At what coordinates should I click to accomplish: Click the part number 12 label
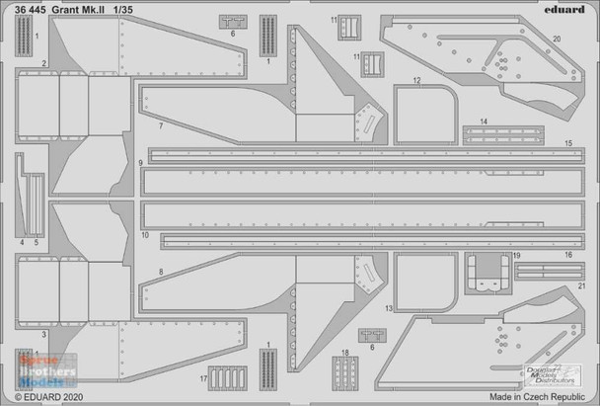417,80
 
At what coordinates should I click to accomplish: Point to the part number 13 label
390,309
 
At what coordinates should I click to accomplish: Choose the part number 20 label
558,40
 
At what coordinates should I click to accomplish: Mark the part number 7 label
159,129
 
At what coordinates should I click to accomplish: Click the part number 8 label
159,271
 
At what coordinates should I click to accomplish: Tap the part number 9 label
142,162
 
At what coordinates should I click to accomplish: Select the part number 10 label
145,237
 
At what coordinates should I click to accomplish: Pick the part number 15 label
568,144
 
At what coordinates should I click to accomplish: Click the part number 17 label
202,379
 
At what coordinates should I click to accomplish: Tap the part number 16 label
568,255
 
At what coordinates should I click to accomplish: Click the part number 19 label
516,255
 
